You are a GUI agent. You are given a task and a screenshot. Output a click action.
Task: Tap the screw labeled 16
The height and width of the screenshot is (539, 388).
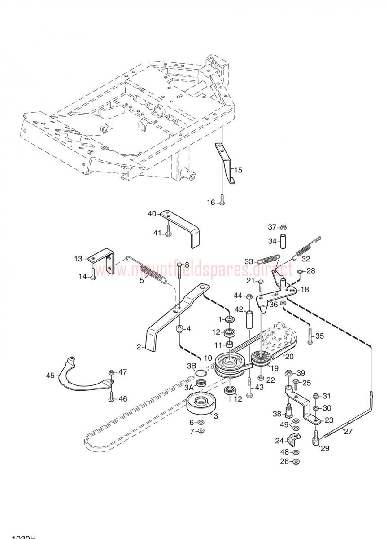coord(222,203)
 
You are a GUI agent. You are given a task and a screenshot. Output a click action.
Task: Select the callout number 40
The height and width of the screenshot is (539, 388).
coord(152,214)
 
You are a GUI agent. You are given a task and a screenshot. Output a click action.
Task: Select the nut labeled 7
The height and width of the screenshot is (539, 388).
coord(201,431)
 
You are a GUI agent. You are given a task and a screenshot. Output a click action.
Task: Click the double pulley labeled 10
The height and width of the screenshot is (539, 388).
coord(229,363)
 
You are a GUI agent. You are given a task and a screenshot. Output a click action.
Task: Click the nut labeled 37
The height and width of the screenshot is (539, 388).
coord(283,226)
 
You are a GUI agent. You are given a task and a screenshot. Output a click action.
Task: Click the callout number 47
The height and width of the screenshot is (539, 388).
coord(123,372)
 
